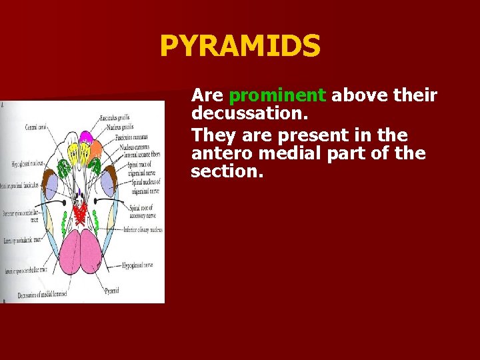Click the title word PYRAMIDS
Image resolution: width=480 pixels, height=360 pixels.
click(x=240, y=47)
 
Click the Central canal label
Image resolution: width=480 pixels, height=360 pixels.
click(x=35, y=127)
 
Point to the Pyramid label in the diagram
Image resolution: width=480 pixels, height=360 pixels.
click(x=113, y=291)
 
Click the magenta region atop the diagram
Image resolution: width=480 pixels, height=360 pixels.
click(x=86, y=138)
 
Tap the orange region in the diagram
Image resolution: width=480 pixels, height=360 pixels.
click(x=96, y=147)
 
